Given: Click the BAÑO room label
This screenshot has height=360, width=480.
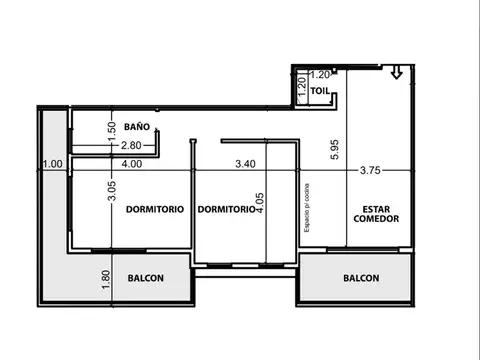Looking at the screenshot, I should pos(138,127).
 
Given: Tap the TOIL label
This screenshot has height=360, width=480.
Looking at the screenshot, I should pos(320,90).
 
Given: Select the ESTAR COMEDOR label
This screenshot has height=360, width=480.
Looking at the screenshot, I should pos(376,213).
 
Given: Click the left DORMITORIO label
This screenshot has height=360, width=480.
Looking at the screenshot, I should pos(154,210).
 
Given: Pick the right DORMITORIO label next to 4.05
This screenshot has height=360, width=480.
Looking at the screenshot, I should pos(224,210).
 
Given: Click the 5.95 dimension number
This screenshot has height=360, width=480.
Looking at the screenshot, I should pos(333,150).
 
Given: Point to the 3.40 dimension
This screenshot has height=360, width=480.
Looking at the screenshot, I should pos(246,163).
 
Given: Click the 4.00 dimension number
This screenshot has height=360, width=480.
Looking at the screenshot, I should pos(131,163).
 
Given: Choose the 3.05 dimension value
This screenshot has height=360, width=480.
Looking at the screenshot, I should pos(111,190).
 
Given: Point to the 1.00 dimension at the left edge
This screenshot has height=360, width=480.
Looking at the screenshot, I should pos(53,164).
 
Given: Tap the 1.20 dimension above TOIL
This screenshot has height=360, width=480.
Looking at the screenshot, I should pos(320,74).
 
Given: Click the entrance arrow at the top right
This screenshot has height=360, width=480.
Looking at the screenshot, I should pos(397,72).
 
